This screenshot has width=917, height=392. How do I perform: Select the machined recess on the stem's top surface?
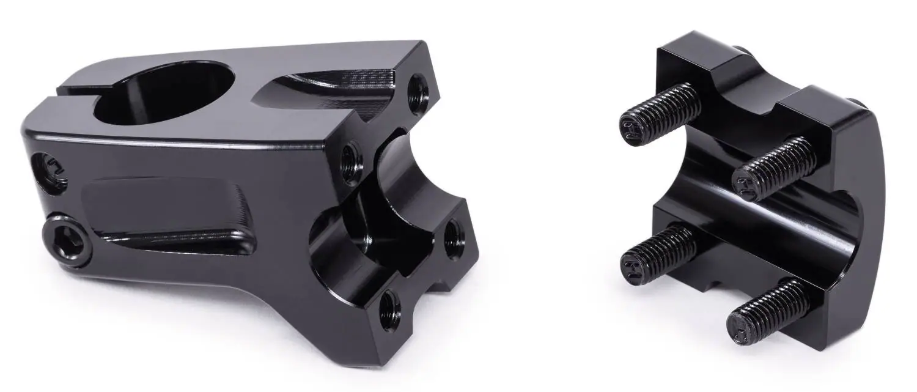tap(333, 92)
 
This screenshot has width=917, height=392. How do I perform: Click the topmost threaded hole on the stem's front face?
tap(419, 94)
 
